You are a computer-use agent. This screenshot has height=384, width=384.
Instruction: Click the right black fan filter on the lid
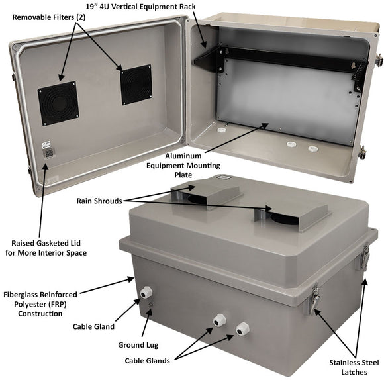pos(135,84)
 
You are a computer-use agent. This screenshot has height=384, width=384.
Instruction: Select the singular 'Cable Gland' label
pos(94,326)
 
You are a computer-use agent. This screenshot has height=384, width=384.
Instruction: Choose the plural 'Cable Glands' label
pos(148,361)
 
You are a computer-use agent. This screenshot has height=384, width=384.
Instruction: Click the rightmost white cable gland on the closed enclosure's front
pos(243,328)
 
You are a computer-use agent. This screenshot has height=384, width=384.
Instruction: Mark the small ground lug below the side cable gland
pos(151,305)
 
